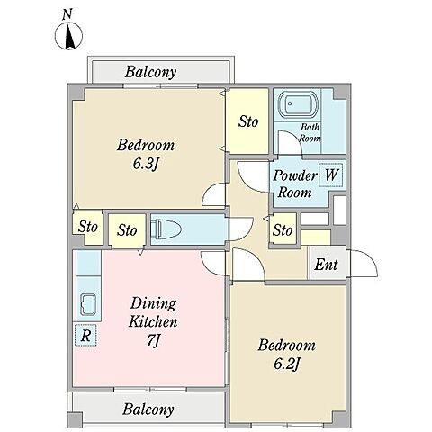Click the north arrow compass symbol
point(68,36)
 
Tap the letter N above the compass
point(68,14)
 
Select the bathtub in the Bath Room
point(298,104)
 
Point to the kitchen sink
point(88,305)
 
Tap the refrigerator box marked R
point(85,336)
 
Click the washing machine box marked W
point(331,175)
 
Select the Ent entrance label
point(326,265)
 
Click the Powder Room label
point(295,184)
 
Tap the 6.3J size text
point(146,164)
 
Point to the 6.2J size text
point(287,364)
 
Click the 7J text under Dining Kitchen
point(154,340)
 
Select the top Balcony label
point(150,72)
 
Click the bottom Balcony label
point(148,409)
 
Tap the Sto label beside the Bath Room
point(248,121)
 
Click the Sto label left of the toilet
point(127,230)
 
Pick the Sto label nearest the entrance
point(283,230)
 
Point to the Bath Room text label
point(310,133)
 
